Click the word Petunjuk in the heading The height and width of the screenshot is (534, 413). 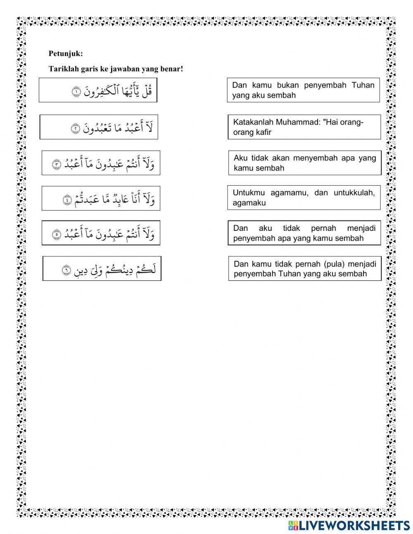pos(65,53)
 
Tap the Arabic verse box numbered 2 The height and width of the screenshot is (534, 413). pos(99,127)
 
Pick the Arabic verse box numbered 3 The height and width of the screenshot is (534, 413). pos(101,163)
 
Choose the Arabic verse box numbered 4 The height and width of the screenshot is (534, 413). pos(101,199)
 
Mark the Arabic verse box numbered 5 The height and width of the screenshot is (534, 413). pos(101,233)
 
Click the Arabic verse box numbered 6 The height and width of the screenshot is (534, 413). pos(102,269)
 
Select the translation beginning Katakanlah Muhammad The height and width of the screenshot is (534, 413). pos(304,127)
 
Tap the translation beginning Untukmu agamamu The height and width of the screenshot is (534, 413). pos(304,198)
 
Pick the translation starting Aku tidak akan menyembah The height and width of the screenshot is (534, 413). pos(304,163)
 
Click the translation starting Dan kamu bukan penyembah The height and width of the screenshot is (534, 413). pos(303,90)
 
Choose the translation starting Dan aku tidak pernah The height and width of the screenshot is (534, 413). pos(304,233)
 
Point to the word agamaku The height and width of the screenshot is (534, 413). pos(249,203)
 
